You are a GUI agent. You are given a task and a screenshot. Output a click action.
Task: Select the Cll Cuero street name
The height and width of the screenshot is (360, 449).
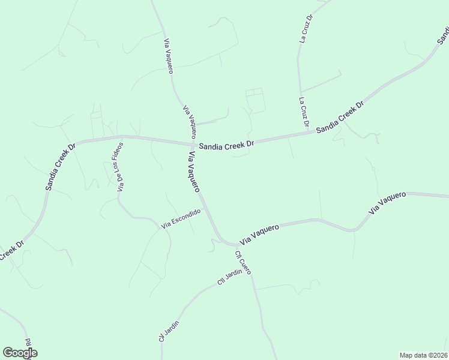click(243, 262)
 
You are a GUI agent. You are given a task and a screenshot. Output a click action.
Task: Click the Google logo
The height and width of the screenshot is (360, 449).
click(20, 353)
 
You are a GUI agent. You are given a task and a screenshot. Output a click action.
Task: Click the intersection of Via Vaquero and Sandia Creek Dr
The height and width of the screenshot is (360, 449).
click(191, 145)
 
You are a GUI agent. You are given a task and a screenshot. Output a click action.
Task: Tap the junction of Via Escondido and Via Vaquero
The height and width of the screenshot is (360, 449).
click(205, 209)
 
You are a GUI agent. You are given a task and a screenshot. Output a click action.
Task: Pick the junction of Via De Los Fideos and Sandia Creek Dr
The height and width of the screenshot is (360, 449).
click(124, 137)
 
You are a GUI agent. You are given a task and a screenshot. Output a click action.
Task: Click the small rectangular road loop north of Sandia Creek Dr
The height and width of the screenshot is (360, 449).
click(255, 100)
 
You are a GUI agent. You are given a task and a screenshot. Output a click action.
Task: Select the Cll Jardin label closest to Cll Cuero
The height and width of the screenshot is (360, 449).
click(229, 277)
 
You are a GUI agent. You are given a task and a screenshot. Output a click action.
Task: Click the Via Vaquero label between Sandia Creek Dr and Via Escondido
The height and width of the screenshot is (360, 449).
click(194, 172)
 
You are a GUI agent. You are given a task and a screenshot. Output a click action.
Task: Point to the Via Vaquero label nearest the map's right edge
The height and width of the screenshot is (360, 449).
click(388, 203)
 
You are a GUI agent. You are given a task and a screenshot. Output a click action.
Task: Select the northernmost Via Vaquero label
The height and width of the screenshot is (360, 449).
click(169, 56)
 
